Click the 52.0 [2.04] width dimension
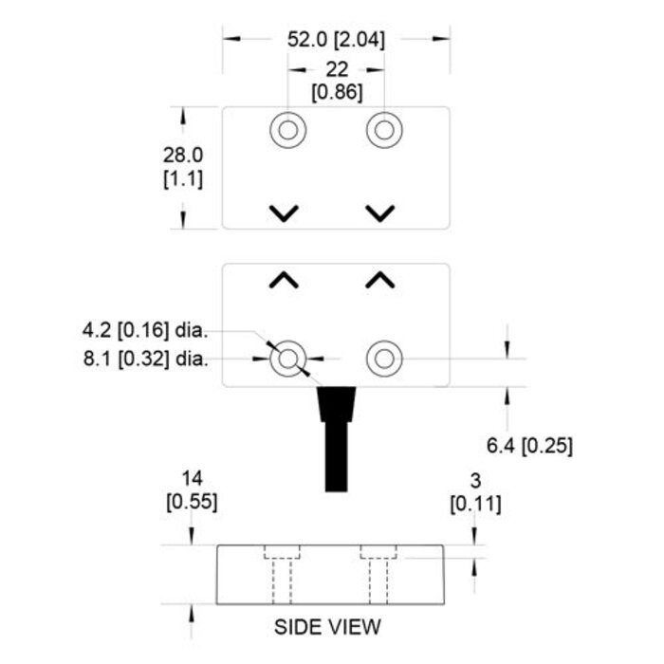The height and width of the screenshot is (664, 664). coord(336,40)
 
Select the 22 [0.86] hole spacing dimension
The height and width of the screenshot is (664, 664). coord(336,81)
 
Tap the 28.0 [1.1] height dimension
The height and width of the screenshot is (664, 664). coord(183,166)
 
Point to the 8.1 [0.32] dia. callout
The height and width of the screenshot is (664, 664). coord(144,359)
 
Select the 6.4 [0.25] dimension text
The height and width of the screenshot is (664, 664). coord(529,445)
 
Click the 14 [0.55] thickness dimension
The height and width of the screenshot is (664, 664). coord(192,489)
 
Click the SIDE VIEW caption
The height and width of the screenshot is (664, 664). coord(327,627)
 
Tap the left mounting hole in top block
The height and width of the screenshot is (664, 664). coord(287,130)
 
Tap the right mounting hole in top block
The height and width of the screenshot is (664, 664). coord(383,130)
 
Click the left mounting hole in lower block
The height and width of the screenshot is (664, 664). coord(287,359)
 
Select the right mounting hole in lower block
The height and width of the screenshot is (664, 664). coord(383,359)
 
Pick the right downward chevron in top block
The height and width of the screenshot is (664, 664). coord(379,212)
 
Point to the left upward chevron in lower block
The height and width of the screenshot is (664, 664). coord(283,280)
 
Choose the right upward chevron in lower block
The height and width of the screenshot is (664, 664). coord(379,280)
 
